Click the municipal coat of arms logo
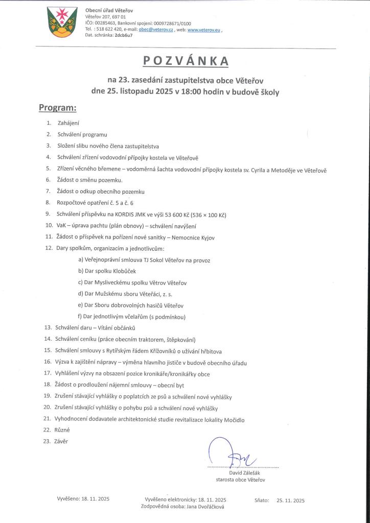click(x=61, y=22)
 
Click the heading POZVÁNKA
click(x=185, y=61)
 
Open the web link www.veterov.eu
click(x=204, y=31)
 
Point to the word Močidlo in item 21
click(x=233, y=419)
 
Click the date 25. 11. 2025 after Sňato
click(x=290, y=501)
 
